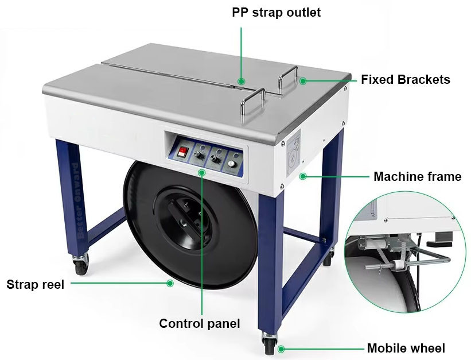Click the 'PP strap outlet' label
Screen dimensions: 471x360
[276, 13]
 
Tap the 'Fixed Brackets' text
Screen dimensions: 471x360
[405, 80]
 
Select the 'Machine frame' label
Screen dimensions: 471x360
[417, 176]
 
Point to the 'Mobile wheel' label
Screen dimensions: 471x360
[406, 348]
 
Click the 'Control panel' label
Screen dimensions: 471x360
[200, 324]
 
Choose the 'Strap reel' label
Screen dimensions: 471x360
[36, 285]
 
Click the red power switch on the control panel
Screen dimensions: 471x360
[182, 152]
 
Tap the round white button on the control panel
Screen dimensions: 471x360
[231, 164]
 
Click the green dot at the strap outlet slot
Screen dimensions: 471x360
[241, 81]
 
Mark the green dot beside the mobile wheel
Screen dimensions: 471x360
[281, 349]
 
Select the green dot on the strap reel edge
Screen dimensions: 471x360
[170, 283]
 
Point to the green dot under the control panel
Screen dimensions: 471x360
[202, 172]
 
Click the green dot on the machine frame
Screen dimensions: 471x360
[303, 176]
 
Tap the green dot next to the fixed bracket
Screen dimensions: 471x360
[303, 80]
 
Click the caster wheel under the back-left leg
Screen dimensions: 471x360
[81, 265]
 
